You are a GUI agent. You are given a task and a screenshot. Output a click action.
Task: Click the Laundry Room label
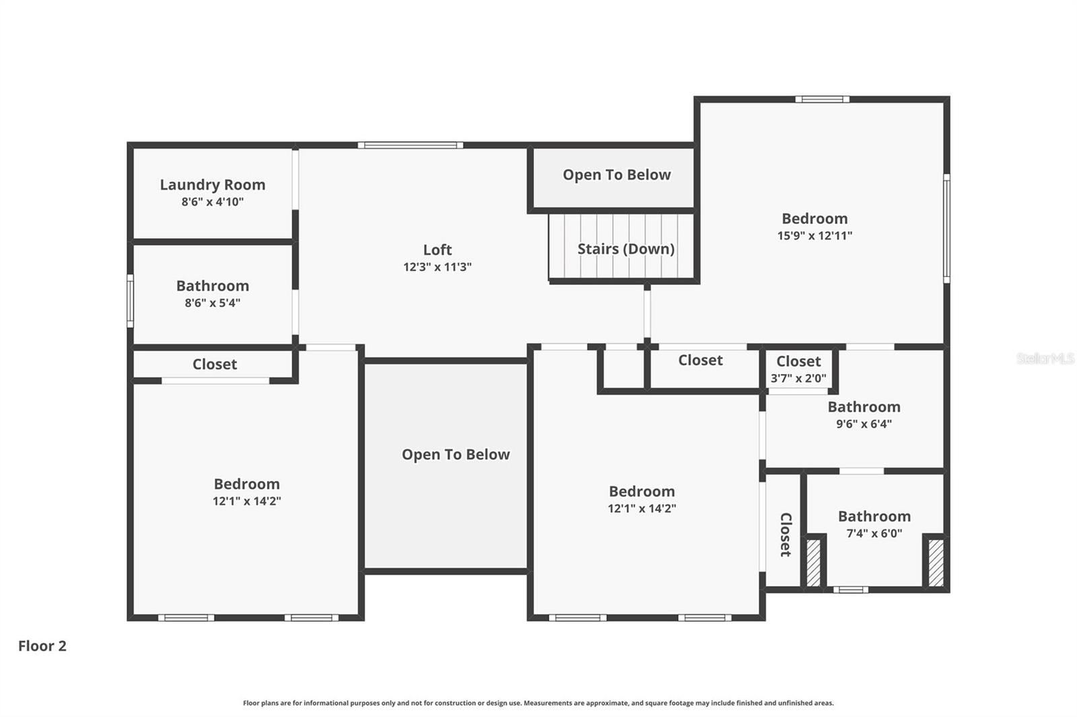pos(212,184)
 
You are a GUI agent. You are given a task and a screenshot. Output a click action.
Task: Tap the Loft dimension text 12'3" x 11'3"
pos(437,267)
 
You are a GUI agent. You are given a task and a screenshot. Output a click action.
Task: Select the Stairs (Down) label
pos(625,249)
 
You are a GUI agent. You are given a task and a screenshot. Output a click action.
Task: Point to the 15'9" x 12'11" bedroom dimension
pos(814,236)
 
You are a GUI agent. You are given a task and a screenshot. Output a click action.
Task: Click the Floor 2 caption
pos(42,646)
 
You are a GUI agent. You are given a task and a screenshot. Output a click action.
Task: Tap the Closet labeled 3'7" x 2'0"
pos(798,362)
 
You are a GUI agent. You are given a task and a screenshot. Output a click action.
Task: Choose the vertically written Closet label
pos(785,534)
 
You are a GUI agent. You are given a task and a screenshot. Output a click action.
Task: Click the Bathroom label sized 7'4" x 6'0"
pos(874,517)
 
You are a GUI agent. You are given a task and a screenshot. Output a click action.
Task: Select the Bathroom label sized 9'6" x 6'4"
pos(864,407)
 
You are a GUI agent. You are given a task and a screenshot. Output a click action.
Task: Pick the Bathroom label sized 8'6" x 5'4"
pos(212,286)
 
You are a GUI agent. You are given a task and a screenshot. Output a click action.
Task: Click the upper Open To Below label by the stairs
pos(616,175)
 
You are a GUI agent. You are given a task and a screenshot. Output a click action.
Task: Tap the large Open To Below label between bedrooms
pos(456,455)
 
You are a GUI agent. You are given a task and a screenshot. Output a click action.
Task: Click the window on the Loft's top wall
pos(410,145)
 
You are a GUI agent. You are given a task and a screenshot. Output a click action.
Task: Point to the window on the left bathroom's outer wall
pos(131,301)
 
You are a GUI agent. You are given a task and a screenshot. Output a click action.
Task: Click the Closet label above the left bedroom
pos(214,365)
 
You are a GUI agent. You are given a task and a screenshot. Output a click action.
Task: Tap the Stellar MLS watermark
pos(1045,358)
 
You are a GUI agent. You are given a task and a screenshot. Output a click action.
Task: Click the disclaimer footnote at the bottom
pos(538,703)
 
